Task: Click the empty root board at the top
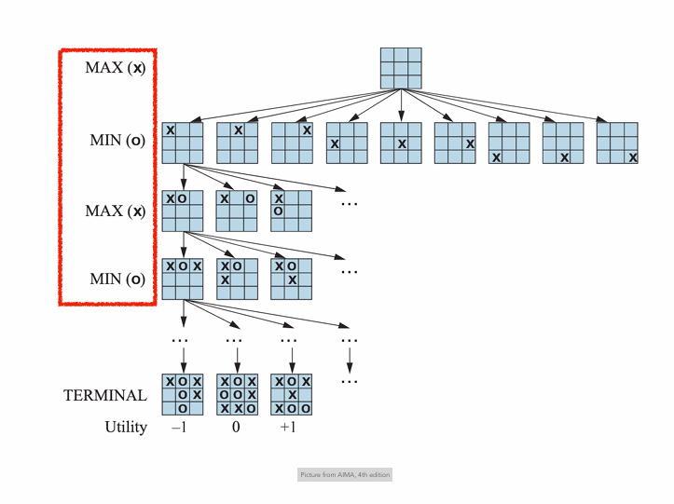tap(401, 67)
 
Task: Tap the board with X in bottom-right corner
tap(617, 143)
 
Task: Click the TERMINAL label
tap(104, 395)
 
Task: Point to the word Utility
tap(126, 428)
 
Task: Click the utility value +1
tap(291, 428)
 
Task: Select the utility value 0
tap(237, 428)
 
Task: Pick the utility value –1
tap(181, 428)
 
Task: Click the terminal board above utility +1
tap(292, 395)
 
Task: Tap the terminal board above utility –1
tap(183, 395)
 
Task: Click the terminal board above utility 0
tap(237, 395)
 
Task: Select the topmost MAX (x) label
tap(115, 68)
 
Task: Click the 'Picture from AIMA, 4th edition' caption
tap(345, 475)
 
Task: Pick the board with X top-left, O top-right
tap(237, 211)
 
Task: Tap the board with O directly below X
tap(292, 211)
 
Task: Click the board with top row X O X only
tap(183, 279)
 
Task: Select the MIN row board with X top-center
tap(237, 143)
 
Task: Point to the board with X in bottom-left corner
tap(509, 143)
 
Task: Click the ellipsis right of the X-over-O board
tap(350, 202)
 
